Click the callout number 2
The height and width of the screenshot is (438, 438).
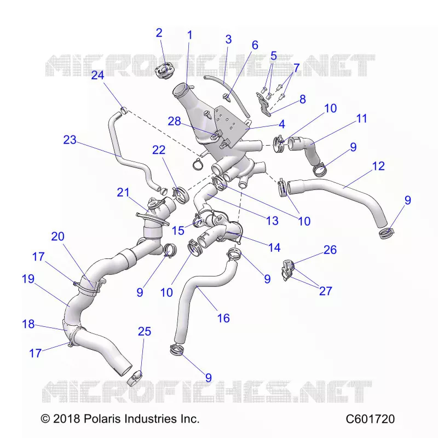pyautogui.click(x=159, y=33)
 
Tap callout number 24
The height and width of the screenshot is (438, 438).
pyautogui.click(x=97, y=75)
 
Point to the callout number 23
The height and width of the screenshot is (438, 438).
pyautogui.click(x=70, y=140)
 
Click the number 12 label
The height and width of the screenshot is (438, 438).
pyautogui.click(x=378, y=166)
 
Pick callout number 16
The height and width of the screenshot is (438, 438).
pyautogui.click(x=223, y=318)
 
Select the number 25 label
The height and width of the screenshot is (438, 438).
pyautogui.click(x=145, y=331)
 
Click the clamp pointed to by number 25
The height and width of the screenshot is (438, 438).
pyautogui.click(x=135, y=378)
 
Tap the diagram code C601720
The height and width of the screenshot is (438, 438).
pyautogui.click(x=370, y=419)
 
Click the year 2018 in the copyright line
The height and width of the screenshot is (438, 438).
pyautogui.click(x=66, y=419)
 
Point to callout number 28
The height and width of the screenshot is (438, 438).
pyautogui.click(x=174, y=121)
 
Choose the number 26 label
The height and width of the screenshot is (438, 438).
pyautogui.click(x=330, y=250)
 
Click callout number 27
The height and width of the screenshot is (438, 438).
pyautogui.click(x=326, y=291)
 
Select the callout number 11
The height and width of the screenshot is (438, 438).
pyautogui.click(x=362, y=118)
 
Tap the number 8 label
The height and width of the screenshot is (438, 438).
pyautogui.click(x=303, y=100)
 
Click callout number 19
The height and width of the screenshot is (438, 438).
pyautogui.click(x=28, y=279)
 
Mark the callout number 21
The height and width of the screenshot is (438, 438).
pyautogui.click(x=123, y=193)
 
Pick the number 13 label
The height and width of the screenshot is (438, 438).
pyautogui.click(x=272, y=221)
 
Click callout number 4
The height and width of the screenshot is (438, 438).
pyautogui.click(x=282, y=124)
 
